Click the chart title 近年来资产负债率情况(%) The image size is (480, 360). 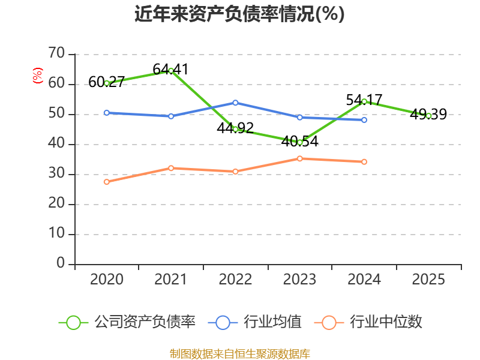(x=239, y=14)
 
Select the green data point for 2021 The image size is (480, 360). (x=171, y=71)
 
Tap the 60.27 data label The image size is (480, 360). (x=107, y=82)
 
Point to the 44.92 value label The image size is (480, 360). (x=235, y=128)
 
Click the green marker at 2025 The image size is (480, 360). (x=428, y=116)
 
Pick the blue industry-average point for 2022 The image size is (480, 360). (x=235, y=103)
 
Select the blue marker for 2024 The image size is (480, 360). (x=364, y=120)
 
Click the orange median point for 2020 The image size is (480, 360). (x=107, y=182)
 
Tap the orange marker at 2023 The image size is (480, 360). (x=299, y=158)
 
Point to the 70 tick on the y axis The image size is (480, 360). (x=56, y=53)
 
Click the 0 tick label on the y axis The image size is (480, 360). (x=61, y=263)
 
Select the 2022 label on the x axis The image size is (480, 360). (x=235, y=279)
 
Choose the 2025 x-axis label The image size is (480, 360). (x=428, y=279)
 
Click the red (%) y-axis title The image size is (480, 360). (x=38, y=76)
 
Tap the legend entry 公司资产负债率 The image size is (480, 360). (x=127, y=322)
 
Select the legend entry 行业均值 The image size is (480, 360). (x=254, y=322)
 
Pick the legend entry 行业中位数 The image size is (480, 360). (x=368, y=322)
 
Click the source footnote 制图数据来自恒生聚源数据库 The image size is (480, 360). (x=240, y=354)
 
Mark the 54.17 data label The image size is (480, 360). (x=364, y=100)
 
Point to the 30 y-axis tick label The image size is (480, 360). (x=56, y=173)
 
